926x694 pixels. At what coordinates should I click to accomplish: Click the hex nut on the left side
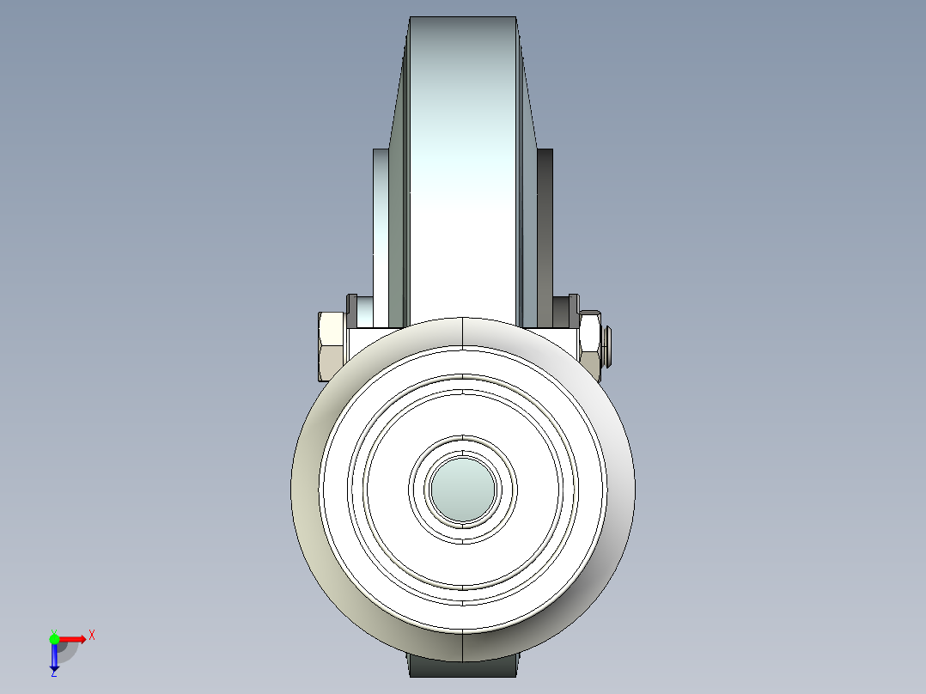point(332,346)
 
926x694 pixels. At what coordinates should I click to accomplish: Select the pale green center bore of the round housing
point(463,489)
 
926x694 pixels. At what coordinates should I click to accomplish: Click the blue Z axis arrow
point(54,656)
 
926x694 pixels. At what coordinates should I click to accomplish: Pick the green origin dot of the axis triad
point(54,638)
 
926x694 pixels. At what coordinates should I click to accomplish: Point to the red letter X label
point(92,635)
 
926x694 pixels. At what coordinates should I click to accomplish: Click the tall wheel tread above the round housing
point(463,172)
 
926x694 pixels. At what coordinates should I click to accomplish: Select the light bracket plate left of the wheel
point(381,232)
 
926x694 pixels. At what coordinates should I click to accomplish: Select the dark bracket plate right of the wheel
point(545,232)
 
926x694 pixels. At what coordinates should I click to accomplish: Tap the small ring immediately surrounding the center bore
point(463,447)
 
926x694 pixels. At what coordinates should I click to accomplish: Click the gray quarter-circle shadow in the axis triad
point(67,650)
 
